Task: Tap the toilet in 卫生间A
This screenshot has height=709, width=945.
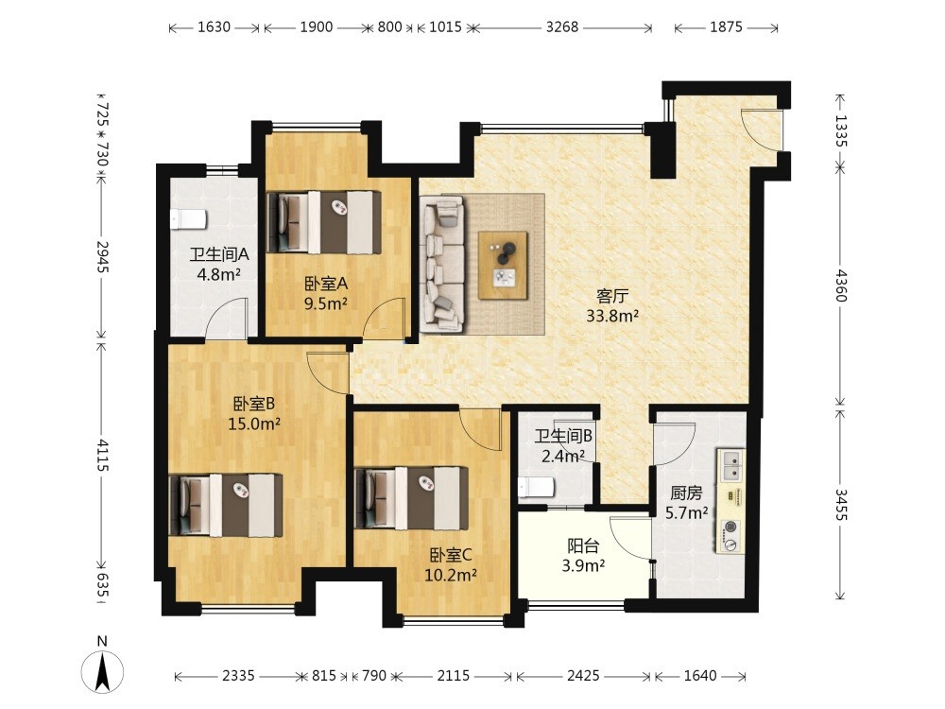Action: (x=189, y=219)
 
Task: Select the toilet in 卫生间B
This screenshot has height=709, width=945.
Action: (x=536, y=487)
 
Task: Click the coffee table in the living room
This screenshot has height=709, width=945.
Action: (x=504, y=265)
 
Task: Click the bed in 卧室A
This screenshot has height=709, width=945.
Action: (x=324, y=221)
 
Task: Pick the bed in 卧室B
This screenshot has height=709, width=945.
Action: (x=226, y=505)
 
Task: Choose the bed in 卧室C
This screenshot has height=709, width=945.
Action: (x=412, y=497)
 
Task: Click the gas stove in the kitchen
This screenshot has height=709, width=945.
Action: (x=730, y=536)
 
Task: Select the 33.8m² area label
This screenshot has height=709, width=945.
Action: (x=612, y=316)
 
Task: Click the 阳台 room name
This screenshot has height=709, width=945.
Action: (x=583, y=546)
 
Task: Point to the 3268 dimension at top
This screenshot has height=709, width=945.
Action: (x=562, y=26)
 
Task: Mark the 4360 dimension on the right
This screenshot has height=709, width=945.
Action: (x=841, y=285)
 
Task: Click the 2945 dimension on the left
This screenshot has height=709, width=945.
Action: (x=102, y=257)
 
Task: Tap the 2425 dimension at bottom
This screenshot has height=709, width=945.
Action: (x=583, y=676)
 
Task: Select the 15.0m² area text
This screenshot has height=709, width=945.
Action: (x=253, y=424)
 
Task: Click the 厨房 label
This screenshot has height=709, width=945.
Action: (x=686, y=493)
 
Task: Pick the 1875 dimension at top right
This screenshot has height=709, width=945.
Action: (x=726, y=26)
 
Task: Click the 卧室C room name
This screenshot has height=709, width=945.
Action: (x=451, y=555)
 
